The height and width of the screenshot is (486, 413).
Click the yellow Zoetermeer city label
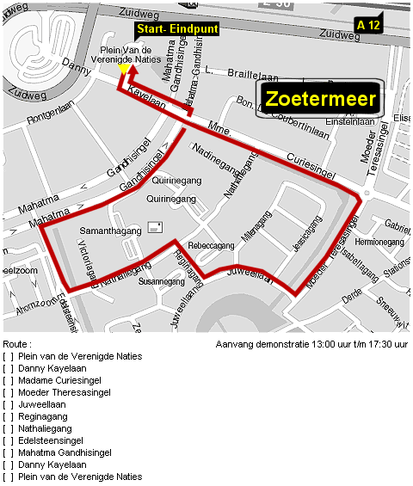click(x=320, y=99)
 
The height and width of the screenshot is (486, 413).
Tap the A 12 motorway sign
click(x=368, y=26)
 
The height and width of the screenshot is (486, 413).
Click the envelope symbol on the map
click(x=156, y=227)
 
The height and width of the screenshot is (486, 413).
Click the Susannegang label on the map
click(x=162, y=281)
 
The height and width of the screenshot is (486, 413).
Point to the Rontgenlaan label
click(x=52, y=118)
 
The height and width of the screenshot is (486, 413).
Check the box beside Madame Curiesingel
click(x=9, y=380)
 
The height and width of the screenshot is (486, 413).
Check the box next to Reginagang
click(x=9, y=416)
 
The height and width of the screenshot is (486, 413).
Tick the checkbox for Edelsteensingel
click(x=9, y=440)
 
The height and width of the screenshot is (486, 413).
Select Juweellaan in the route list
click(x=42, y=404)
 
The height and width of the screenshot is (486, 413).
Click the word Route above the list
click(x=16, y=343)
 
